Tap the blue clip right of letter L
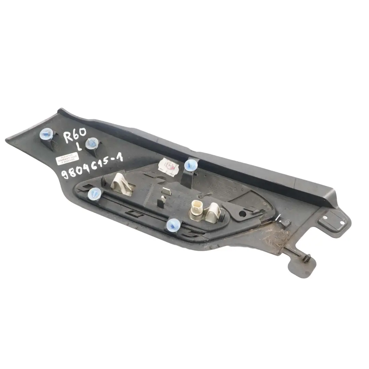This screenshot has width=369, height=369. [x=92, y=142]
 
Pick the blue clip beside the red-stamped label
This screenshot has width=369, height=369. [x=190, y=166]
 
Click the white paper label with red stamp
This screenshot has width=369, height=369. [x=169, y=166]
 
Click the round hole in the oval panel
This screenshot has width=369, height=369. [x=242, y=214]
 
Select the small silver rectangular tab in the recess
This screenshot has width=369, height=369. [x=166, y=191]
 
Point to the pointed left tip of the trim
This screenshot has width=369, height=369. [x=9, y=140]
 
